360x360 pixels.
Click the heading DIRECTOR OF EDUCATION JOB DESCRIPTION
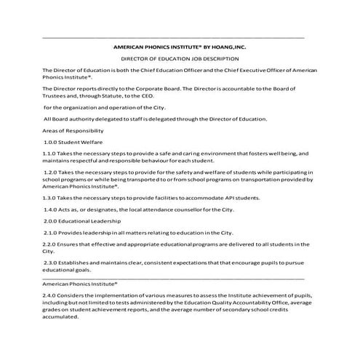click(180, 57)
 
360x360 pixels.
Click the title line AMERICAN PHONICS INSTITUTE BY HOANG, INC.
click(180, 45)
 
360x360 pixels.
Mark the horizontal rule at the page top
click(175, 36)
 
